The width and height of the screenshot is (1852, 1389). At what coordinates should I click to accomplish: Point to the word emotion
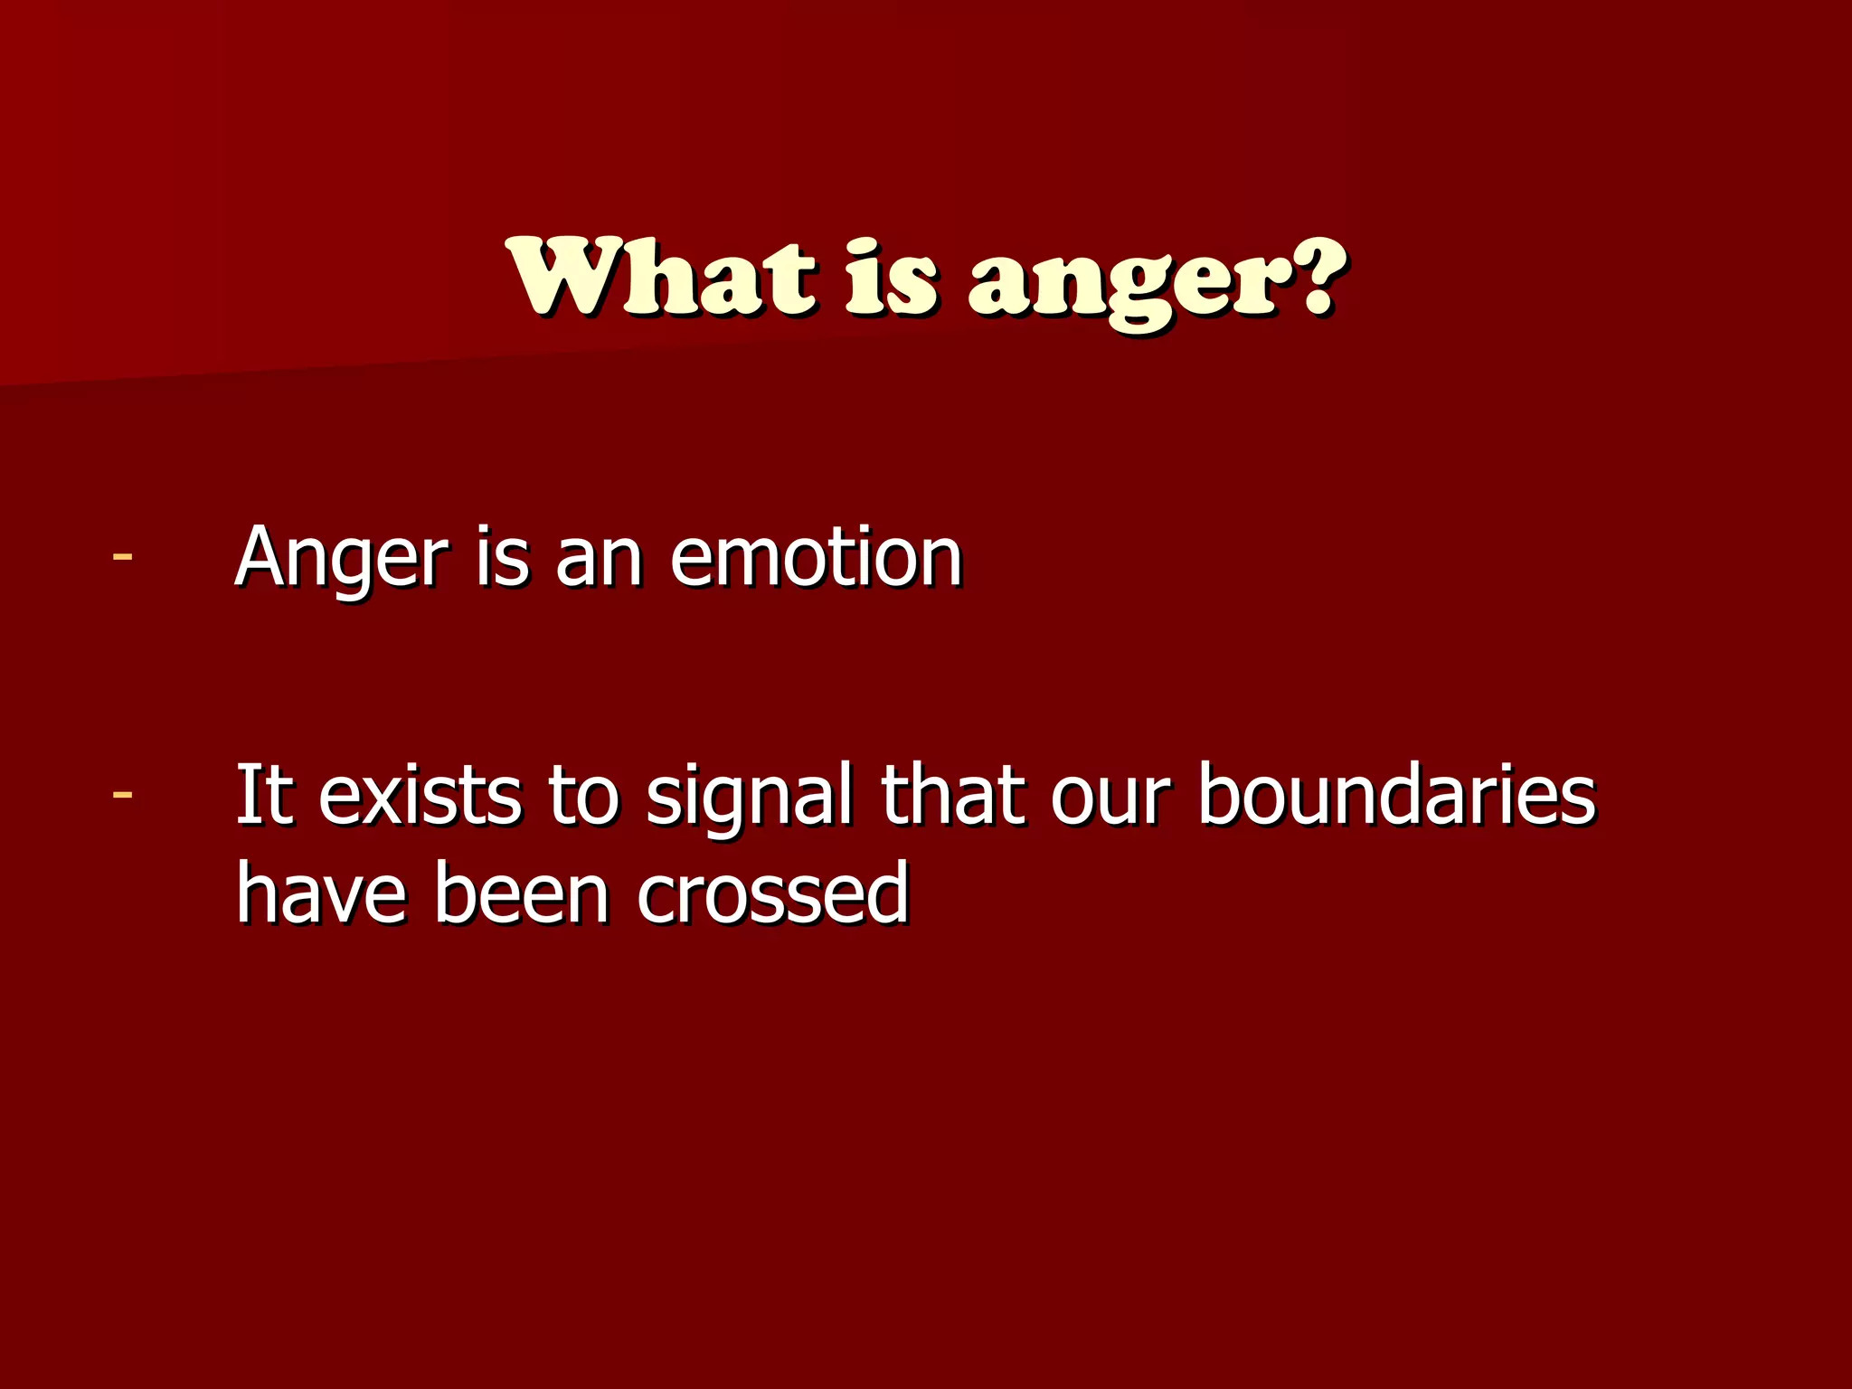pyautogui.click(x=816, y=558)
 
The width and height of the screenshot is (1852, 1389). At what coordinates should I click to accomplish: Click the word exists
pyautogui.click(x=420, y=796)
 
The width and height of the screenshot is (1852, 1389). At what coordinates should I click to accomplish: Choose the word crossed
pyautogui.click(x=772, y=893)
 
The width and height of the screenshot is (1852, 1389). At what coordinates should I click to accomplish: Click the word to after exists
pyautogui.click(x=584, y=796)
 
